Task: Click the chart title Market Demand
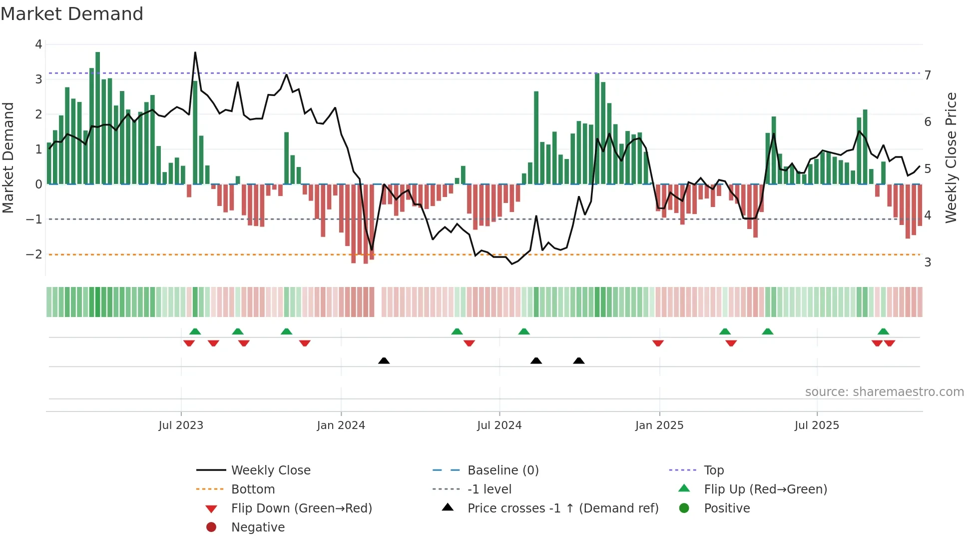72,14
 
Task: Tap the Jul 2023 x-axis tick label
181,425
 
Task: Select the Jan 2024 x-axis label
341,425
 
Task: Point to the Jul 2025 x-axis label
817,425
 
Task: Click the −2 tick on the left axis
34,254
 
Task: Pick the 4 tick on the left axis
38,44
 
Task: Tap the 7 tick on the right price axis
928,75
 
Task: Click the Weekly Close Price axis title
951,157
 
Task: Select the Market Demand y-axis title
8,157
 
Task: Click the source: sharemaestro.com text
884,392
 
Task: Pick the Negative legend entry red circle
211,527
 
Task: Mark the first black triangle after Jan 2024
384,360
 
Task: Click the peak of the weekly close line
195,52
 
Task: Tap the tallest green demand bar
98,117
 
